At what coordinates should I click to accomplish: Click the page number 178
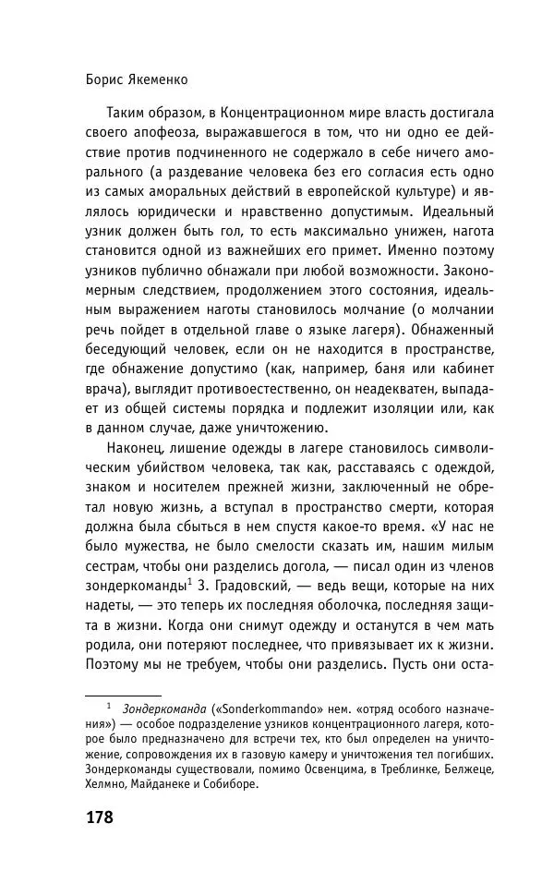click(99, 817)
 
